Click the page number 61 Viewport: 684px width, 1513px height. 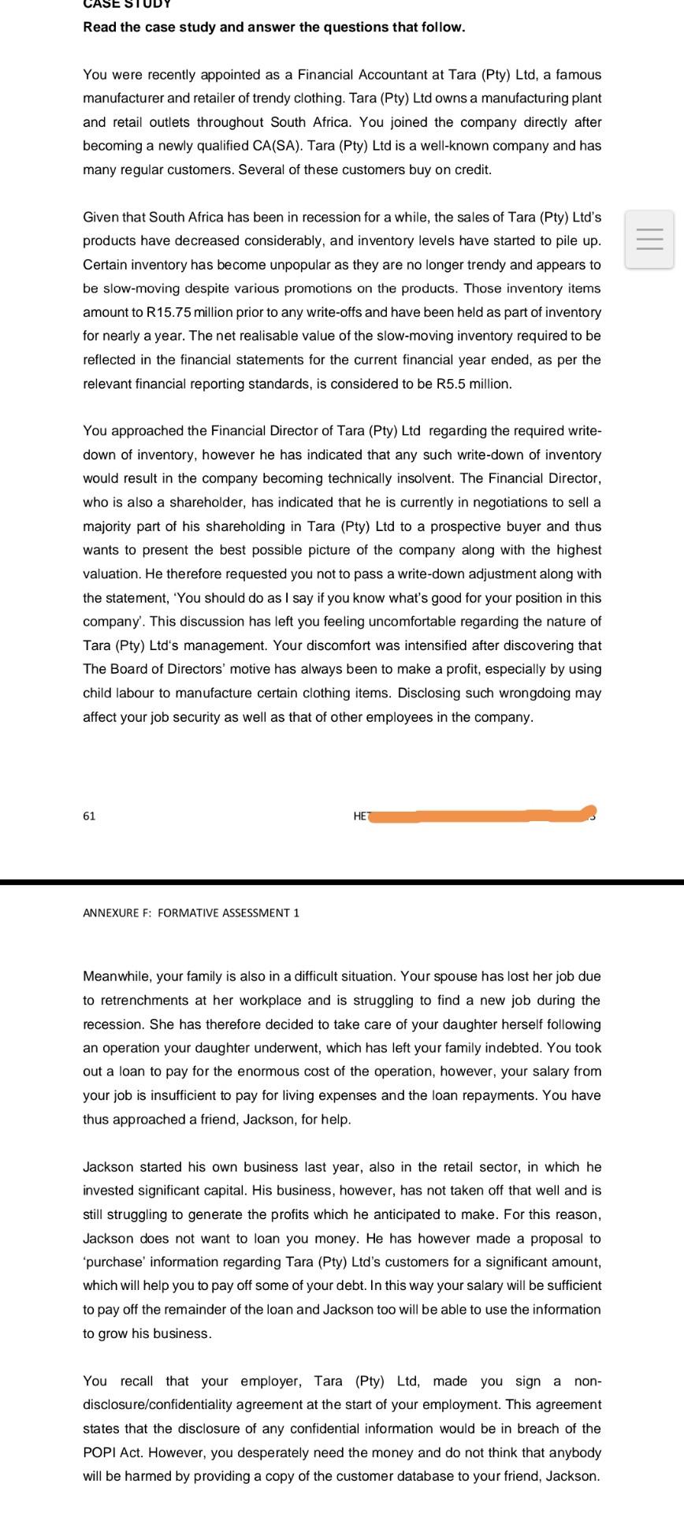[89, 816]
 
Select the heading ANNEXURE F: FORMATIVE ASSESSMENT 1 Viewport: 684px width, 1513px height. [191, 913]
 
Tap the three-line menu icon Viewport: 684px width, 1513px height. [649, 239]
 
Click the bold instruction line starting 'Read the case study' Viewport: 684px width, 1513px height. [273, 27]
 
